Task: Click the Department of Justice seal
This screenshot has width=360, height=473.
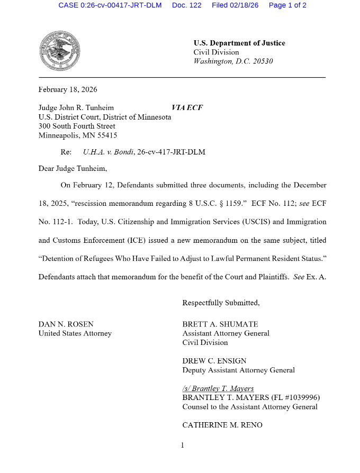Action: (60, 51)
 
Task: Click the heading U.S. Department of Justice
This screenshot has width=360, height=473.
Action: (239, 43)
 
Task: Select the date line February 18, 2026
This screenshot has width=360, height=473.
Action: (68, 89)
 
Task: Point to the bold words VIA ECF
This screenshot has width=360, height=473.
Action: (187, 108)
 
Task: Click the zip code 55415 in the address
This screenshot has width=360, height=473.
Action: (105, 135)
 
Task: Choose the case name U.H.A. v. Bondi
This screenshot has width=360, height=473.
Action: (109, 152)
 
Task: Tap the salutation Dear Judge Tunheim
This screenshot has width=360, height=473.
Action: (73, 169)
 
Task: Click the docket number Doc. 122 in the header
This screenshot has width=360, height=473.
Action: (186, 5)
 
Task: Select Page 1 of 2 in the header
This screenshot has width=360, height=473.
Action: (287, 5)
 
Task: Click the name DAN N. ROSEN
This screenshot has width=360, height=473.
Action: (66, 324)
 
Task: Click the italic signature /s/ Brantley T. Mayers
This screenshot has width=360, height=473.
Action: (218, 388)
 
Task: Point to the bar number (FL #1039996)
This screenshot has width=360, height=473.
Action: (293, 398)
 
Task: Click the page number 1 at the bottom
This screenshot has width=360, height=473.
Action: (182, 445)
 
